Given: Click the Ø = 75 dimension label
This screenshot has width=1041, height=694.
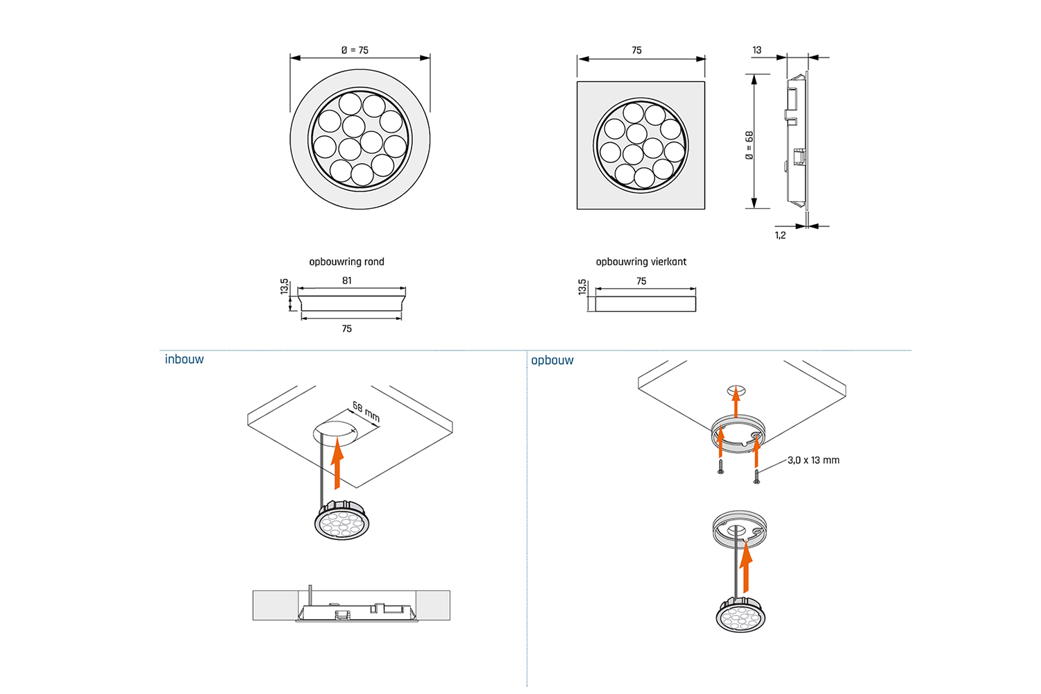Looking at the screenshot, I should [355, 51].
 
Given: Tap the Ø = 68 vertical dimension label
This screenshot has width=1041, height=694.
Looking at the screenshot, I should [749, 146].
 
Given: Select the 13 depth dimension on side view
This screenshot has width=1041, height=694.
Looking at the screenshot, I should [756, 50].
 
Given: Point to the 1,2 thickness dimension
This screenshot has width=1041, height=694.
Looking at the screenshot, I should [780, 235].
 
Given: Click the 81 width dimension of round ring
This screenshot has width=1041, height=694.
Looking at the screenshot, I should [347, 280].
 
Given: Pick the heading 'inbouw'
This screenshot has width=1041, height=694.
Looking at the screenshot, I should [184, 359].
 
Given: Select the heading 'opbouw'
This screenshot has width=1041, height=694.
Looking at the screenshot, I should [552, 360].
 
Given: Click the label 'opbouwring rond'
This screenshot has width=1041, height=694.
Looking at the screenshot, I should [346, 262].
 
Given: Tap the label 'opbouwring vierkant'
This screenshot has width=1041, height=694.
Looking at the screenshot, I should [641, 262].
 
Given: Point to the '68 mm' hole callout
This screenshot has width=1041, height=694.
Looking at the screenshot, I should [366, 412].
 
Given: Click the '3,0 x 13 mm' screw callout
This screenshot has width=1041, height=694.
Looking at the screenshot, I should [813, 460].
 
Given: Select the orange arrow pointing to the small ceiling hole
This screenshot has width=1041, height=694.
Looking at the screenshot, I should [736, 402].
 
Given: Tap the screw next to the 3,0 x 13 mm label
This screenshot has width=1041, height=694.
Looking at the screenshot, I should [756, 476].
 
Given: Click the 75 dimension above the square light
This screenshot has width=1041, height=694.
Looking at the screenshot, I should [636, 51].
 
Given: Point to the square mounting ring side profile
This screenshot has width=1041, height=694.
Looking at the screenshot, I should [645, 304].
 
